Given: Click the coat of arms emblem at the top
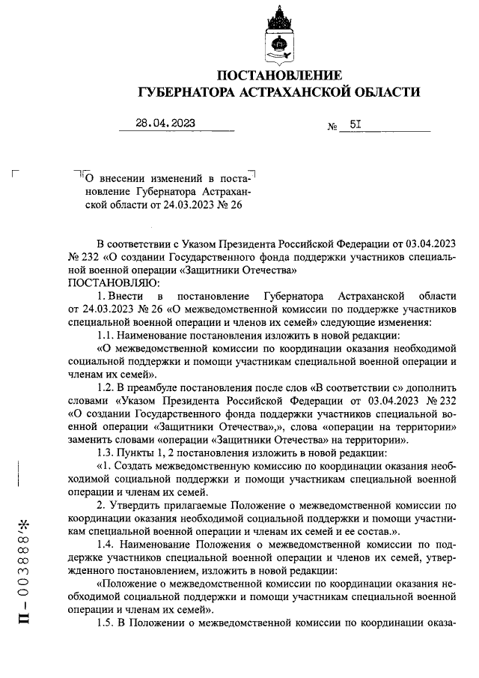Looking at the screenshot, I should click(279, 38).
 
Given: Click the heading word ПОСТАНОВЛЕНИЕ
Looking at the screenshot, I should click(279, 76).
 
